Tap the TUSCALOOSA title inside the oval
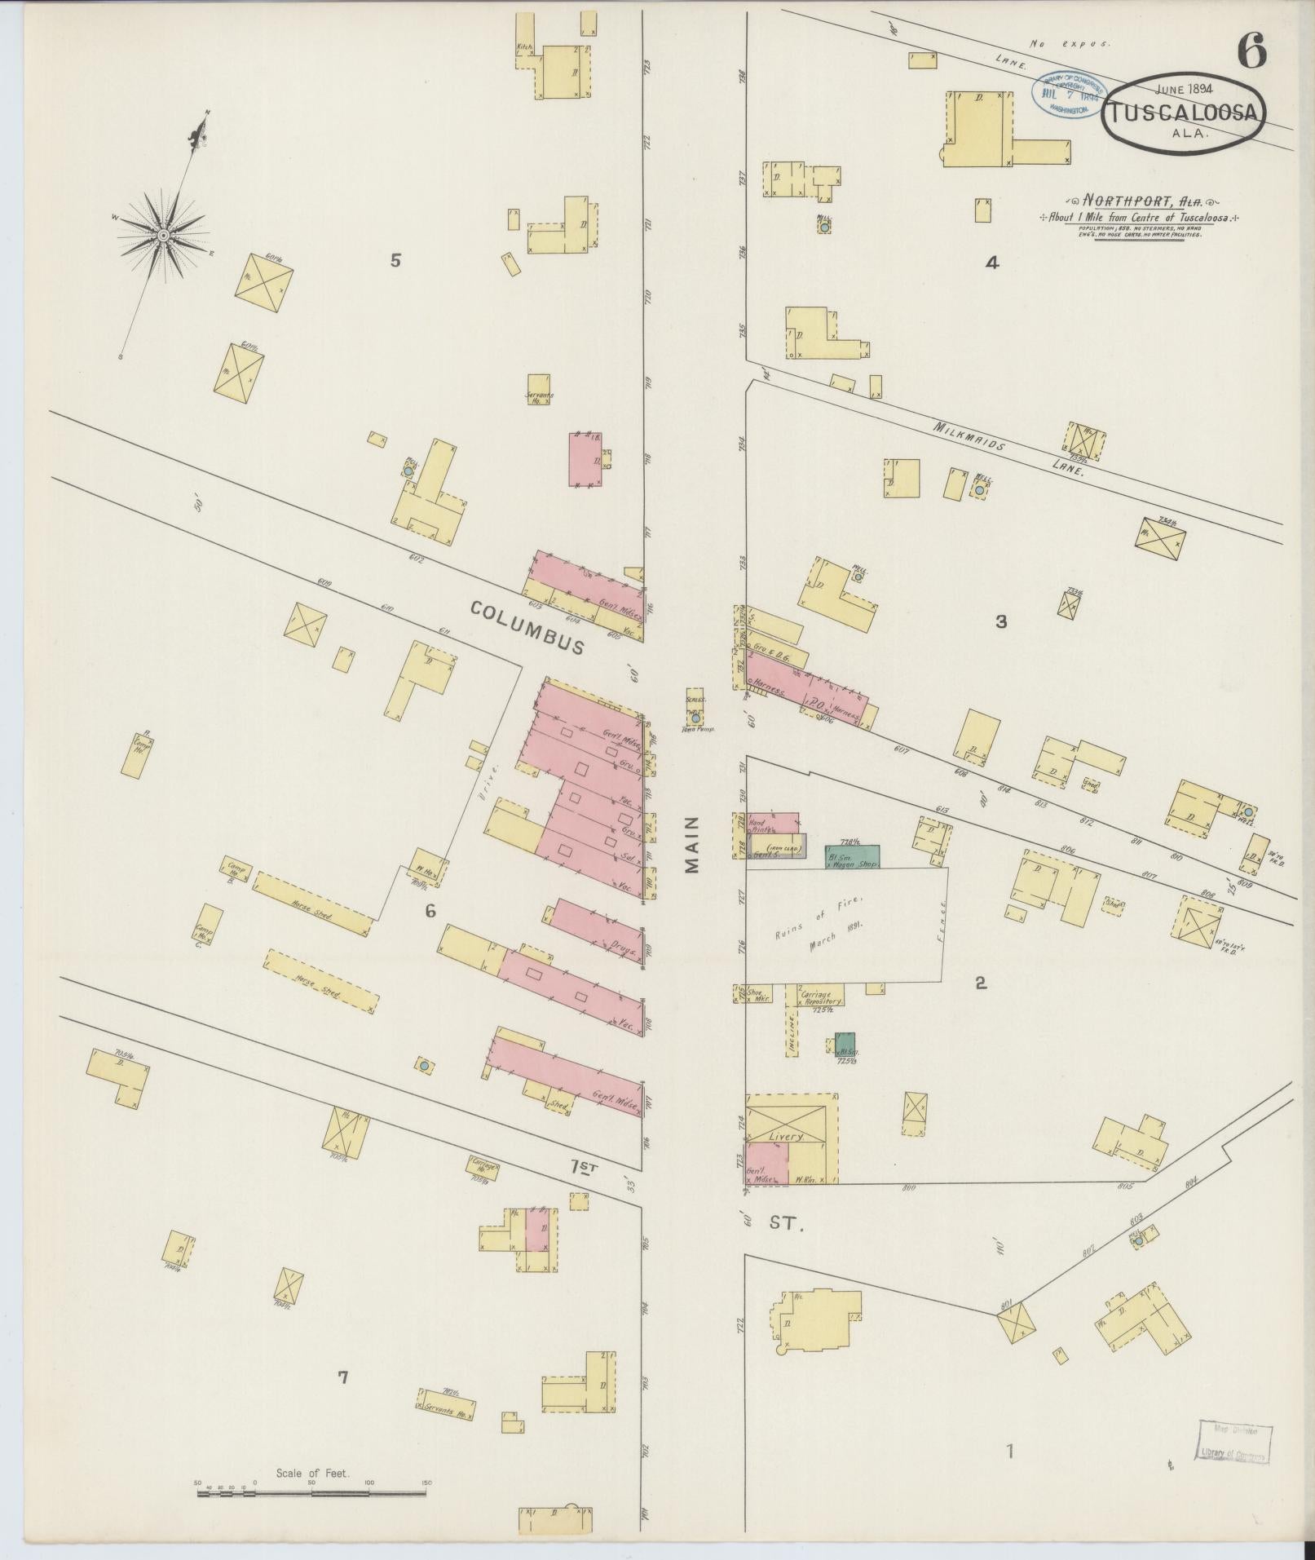pyautogui.click(x=1184, y=115)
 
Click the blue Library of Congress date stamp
pyautogui.click(x=1070, y=95)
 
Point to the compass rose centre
pyautogui.click(x=162, y=236)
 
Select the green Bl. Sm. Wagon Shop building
pyautogui.click(x=852, y=856)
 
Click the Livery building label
pyautogui.click(x=788, y=1135)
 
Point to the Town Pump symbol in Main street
pyautogui.click(x=695, y=718)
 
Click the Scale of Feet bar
pyautogui.click(x=311, y=923)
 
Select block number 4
pyautogui.click(x=991, y=263)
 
